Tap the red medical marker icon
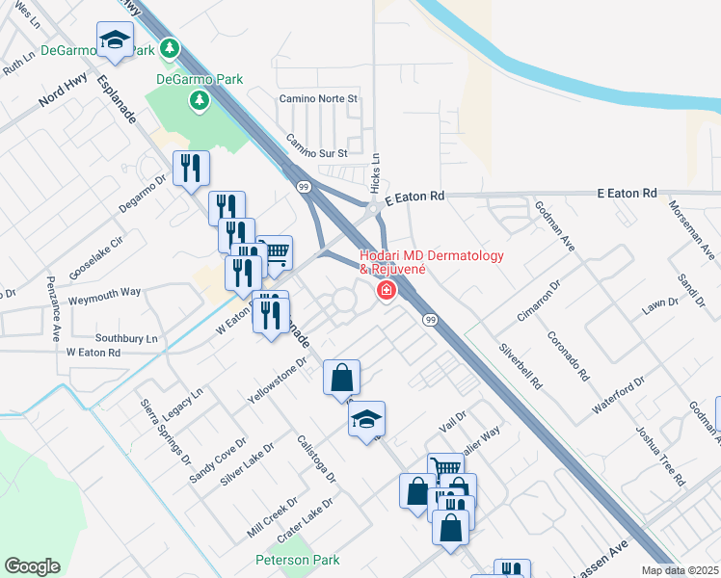[x=386, y=289]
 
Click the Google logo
[x=32, y=566]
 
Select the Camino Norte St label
[x=318, y=98]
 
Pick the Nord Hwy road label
[x=62, y=96]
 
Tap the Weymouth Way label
[x=105, y=291]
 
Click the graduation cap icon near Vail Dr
[x=366, y=419]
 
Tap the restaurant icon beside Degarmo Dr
[x=191, y=169]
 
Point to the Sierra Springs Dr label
[x=165, y=432]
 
